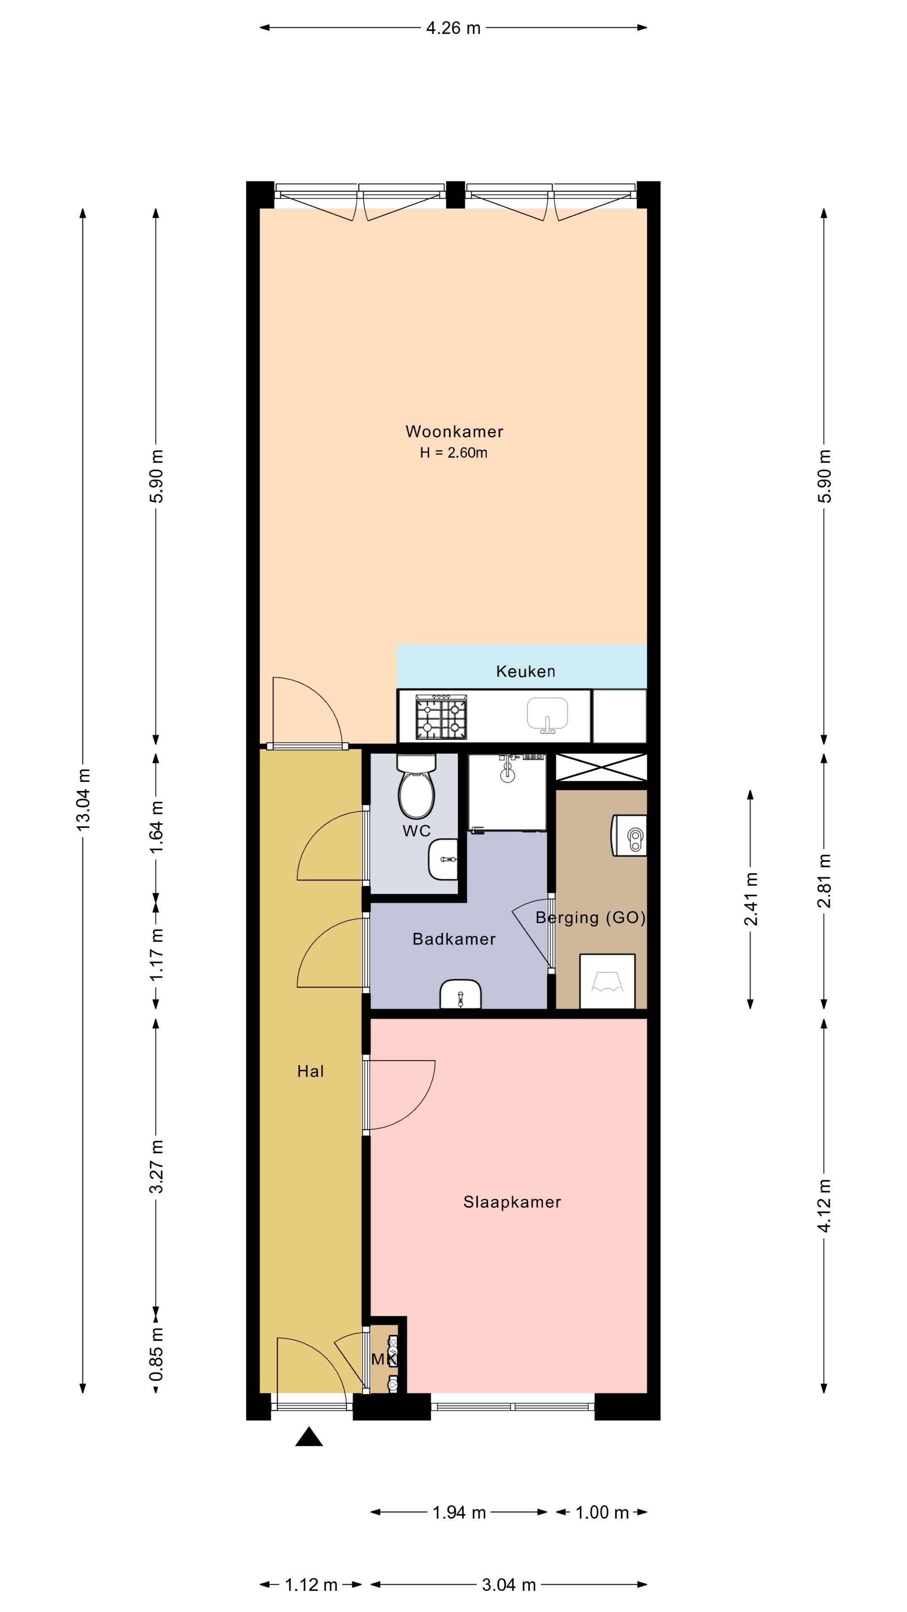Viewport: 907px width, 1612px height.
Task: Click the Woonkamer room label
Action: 454,431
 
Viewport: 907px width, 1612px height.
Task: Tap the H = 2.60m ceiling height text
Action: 454,453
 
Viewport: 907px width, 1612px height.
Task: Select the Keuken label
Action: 525,672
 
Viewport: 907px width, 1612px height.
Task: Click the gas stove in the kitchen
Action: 442,717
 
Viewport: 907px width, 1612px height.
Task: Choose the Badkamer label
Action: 454,939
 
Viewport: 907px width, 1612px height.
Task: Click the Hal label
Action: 310,1071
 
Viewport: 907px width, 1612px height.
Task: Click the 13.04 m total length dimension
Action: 83,800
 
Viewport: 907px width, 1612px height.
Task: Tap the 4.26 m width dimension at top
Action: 453,28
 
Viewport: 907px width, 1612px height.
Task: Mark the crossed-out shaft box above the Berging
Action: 601,767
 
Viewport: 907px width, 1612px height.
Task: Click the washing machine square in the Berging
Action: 607,981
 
